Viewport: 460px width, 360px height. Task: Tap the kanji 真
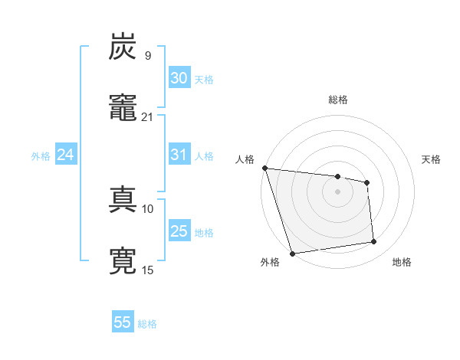point(123,200)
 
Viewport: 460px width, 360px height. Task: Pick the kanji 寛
point(123,260)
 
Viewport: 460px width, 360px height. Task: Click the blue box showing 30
point(179,78)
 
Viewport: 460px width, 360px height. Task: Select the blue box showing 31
point(179,155)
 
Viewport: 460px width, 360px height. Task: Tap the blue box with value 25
point(179,231)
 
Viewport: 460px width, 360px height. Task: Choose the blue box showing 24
point(66,155)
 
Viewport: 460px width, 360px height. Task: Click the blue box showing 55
point(123,322)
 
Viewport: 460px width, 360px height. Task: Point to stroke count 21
point(147,117)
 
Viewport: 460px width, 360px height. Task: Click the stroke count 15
point(148,270)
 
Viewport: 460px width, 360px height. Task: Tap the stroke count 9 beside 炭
point(147,56)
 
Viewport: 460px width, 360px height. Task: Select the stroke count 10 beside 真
point(148,208)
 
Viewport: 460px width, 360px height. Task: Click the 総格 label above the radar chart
point(338,100)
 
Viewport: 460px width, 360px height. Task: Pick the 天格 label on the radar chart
point(432,159)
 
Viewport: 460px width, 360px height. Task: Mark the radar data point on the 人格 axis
point(264,168)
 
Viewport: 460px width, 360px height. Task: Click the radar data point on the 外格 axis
point(292,253)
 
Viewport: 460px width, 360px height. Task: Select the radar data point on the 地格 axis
point(374,242)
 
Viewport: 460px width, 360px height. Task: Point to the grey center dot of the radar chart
point(337,191)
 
